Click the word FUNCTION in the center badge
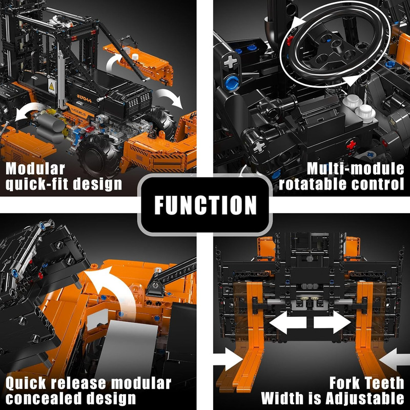[x=206, y=206]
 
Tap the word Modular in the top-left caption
[x=35, y=169]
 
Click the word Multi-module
[x=355, y=169]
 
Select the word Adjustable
[x=365, y=399]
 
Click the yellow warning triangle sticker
[x=52, y=86]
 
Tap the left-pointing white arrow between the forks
[x=288, y=322]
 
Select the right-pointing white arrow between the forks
[x=332, y=322]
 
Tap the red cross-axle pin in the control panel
[x=352, y=145]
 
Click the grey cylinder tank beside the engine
[x=50, y=128]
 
